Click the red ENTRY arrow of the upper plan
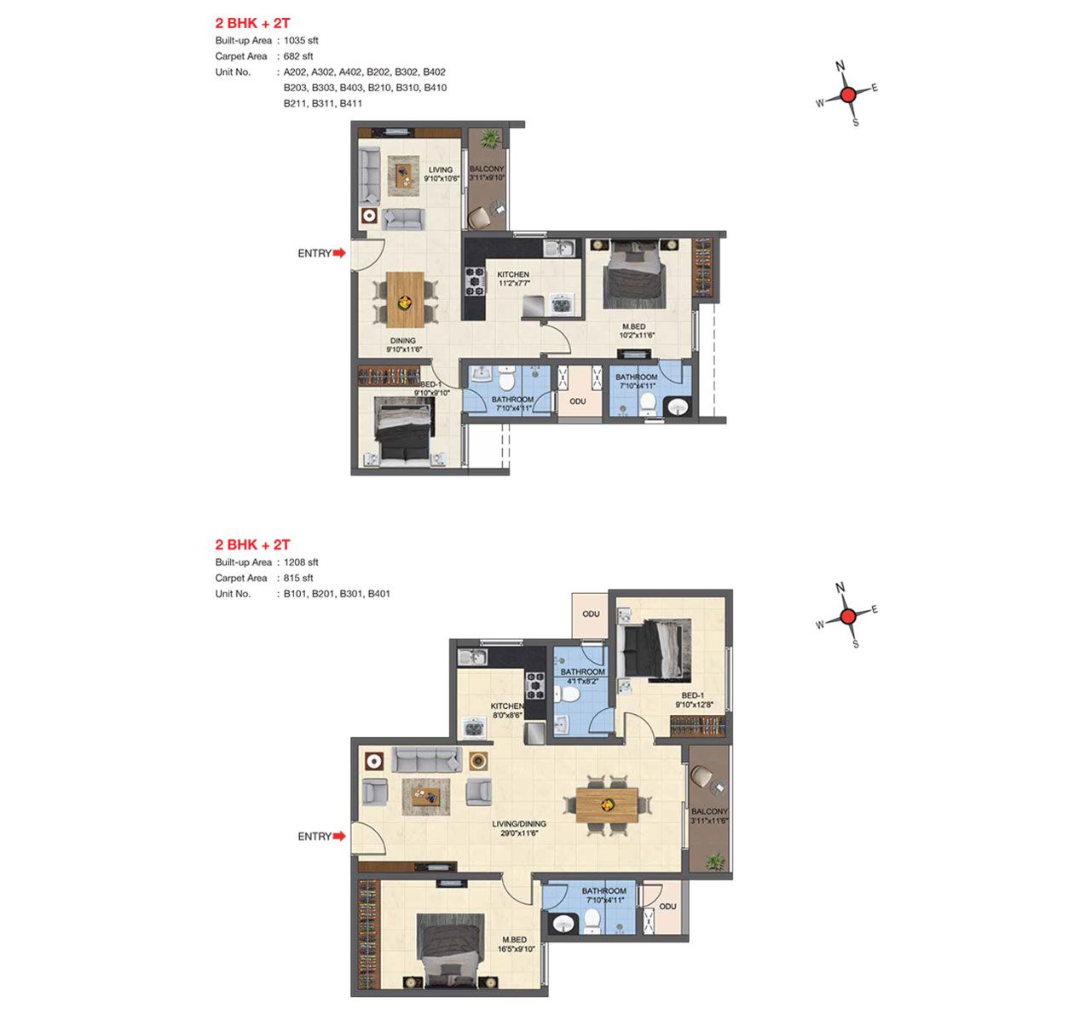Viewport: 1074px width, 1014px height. [x=339, y=252]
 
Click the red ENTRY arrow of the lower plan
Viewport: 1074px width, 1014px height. [x=339, y=836]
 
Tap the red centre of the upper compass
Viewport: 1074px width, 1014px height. [x=848, y=95]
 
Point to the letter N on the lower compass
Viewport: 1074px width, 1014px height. [x=840, y=587]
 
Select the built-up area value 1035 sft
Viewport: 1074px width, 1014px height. [x=301, y=40]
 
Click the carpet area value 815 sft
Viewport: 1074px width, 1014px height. [x=298, y=578]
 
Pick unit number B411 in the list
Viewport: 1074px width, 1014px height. [x=351, y=103]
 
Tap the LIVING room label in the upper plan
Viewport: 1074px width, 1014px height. [x=441, y=170]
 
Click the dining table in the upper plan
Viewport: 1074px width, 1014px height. [x=405, y=300]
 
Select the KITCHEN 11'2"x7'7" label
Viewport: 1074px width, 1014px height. [x=513, y=279]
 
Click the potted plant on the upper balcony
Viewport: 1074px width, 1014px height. [x=490, y=138]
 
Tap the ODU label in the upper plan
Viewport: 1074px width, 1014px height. [x=578, y=401]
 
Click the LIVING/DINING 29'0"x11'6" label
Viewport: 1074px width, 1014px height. [x=519, y=828]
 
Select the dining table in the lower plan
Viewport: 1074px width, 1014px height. [x=607, y=805]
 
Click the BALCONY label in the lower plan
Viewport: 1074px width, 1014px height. [x=709, y=811]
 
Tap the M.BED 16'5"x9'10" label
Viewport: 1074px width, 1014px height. [x=516, y=944]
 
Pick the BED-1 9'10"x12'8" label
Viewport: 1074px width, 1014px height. [x=695, y=700]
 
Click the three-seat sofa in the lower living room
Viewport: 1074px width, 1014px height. [x=427, y=759]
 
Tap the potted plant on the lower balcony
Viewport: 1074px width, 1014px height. [x=716, y=861]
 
